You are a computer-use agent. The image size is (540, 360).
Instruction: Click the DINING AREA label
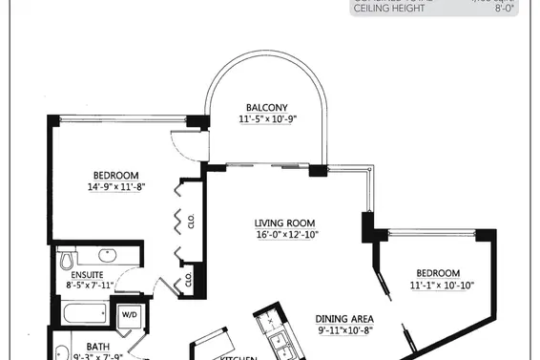click(x=343, y=319)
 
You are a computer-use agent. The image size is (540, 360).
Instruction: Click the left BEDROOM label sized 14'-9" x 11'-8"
click(x=116, y=175)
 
